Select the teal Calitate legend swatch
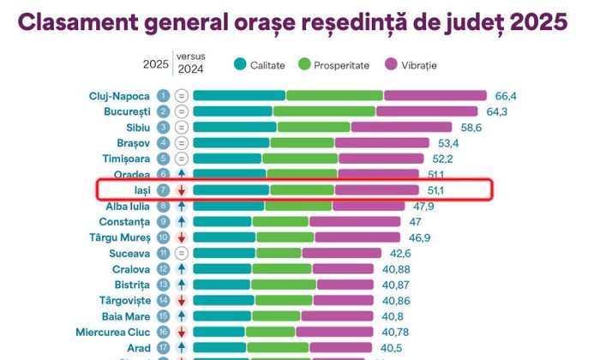[x=239, y=64]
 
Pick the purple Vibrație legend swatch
[x=392, y=64]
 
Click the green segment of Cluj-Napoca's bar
[x=334, y=95]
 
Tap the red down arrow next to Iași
[x=182, y=190]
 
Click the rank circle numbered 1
[x=163, y=95]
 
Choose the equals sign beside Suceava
[x=182, y=254]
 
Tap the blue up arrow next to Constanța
[x=182, y=222]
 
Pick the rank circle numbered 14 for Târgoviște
[x=163, y=301]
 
